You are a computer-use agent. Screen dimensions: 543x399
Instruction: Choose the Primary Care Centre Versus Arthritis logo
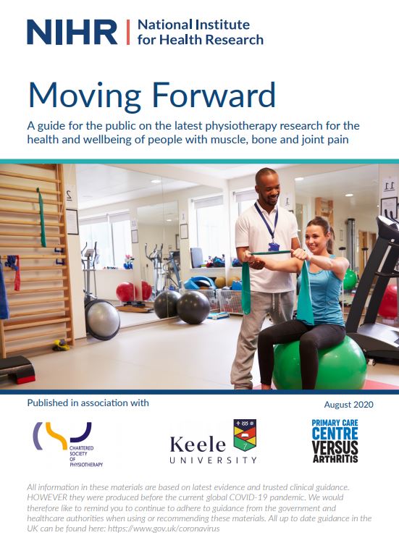335,441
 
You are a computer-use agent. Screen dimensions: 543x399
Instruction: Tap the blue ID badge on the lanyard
274,246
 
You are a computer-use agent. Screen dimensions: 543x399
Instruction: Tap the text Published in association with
88,403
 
